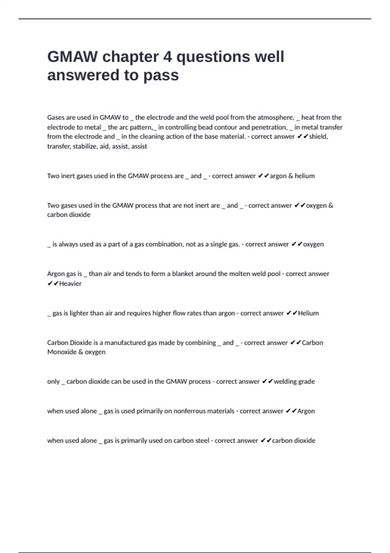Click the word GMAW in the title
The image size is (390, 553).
[x=72, y=57]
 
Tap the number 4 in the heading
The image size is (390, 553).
[x=167, y=57]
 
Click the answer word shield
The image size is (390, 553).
[x=318, y=137]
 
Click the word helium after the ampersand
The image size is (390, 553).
[x=305, y=176]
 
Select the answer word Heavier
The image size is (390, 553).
[x=70, y=284]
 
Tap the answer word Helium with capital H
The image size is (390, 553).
[x=308, y=313]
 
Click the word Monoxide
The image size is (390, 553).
[x=62, y=352]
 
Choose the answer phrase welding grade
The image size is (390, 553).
[x=294, y=382]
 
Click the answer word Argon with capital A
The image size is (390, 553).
[x=306, y=411]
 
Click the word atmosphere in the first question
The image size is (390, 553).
[x=276, y=117]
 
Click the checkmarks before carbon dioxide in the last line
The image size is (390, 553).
[x=266, y=441]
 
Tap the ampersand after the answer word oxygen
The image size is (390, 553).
[x=331, y=206]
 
